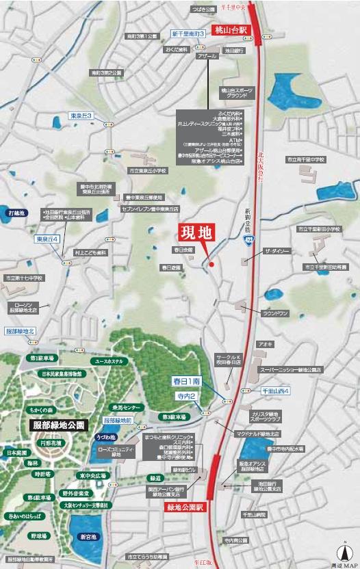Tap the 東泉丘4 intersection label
pyautogui.click(x=48, y=239)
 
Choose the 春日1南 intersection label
pyautogui.click(x=185, y=380)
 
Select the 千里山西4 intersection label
pyautogui.click(x=277, y=391)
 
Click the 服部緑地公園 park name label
pyautogui.click(x=59, y=425)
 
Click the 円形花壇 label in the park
pyautogui.click(x=70, y=442)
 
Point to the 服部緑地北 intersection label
pyautogui.click(x=24, y=331)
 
